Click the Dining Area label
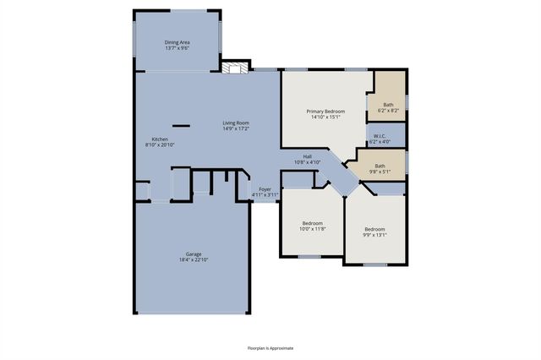click(x=177, y=41)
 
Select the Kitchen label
click(x=160, y=139)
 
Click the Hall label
click(x=309, y=155)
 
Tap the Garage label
click(x=194, y=254)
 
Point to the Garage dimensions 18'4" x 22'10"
click(x=194, y=259)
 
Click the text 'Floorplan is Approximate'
click(x=270, y=347)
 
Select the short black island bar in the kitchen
click(x=180, y=124)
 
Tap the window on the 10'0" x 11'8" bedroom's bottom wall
click(x=309, y=256)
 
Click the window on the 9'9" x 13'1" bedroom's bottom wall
click(x=374, y=265)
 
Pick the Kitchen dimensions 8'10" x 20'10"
click(x=160, y=145)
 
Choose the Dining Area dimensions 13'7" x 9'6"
click(x=177, y=47)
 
